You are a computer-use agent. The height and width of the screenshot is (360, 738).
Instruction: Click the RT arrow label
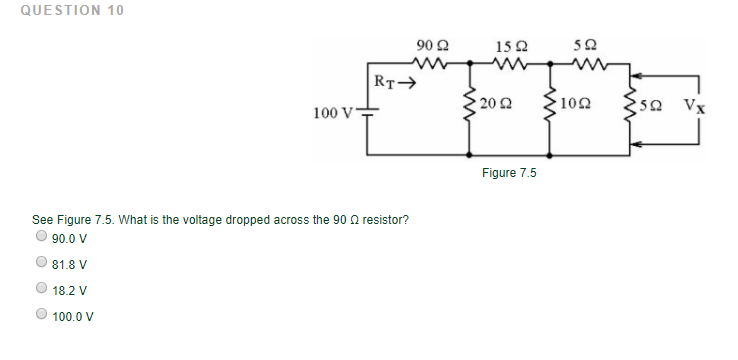393,81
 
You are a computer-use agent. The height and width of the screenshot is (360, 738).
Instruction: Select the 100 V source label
332,113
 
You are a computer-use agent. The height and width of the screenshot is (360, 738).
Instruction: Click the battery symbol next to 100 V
366,113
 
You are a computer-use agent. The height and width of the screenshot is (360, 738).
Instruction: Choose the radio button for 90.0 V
41,238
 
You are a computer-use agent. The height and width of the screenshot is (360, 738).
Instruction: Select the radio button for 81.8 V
41,264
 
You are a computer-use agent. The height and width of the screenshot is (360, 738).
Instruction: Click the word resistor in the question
381,219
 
